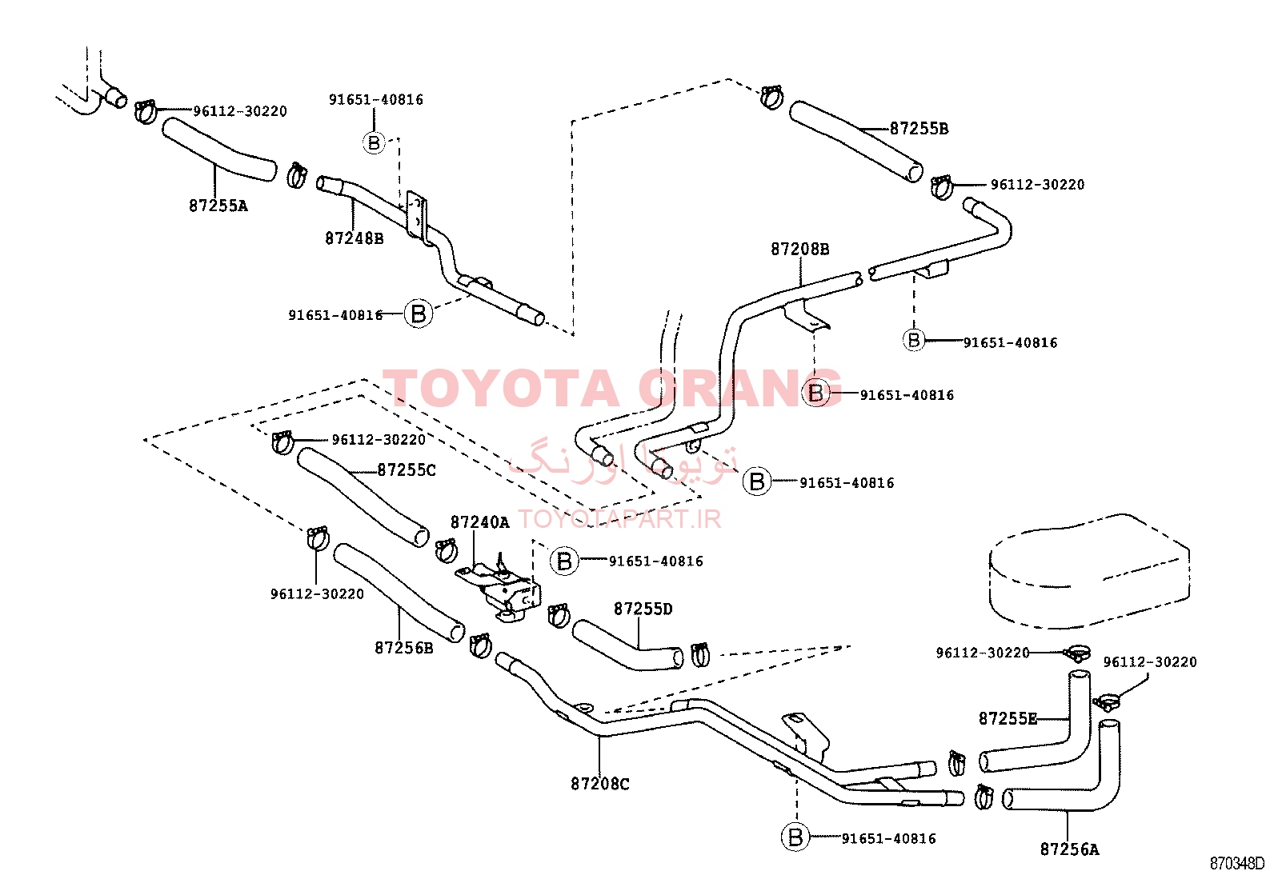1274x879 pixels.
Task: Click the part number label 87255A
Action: tap(218, 206)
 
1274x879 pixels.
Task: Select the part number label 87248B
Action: tap(355, 238)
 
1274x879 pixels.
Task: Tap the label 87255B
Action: tap(919, 129)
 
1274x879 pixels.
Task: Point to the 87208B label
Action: tap(800, 249)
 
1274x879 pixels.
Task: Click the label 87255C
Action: tap(407, 470)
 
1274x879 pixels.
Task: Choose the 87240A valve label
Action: tap(480, 522)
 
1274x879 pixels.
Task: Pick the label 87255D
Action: tap(643, 609)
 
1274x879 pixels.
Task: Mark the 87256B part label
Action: tap(404, 648)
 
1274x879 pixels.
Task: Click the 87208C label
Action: tap(600, 784)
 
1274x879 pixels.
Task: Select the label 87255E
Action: tap(1008, 719)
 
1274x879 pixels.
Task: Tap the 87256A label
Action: tap(1070, 849)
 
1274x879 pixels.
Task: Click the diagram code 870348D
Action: tap(1236, 864)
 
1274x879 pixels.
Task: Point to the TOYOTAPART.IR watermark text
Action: tap(619, 519)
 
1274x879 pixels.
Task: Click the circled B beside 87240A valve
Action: tap(564, 561)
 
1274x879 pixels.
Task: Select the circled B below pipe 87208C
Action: tap(795, 837)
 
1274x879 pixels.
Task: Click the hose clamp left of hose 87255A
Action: tap(146, 112)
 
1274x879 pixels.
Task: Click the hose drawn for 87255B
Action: tap(856, 141)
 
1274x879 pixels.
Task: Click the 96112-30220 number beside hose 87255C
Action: tap(379, 440)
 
